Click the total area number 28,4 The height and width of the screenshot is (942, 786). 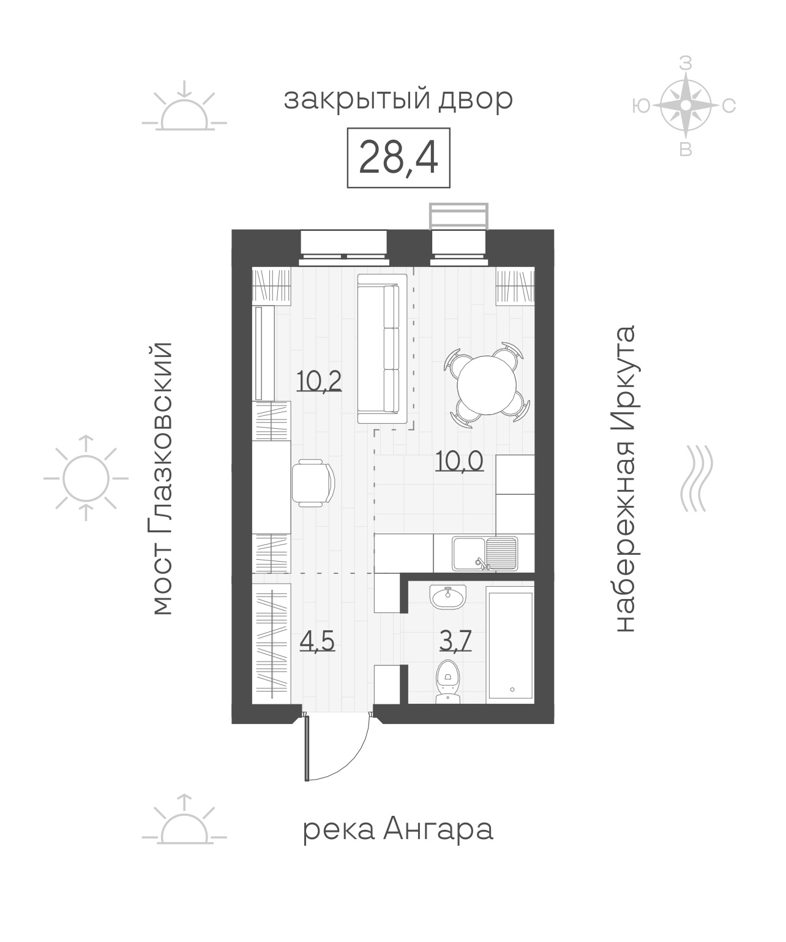point(398,157)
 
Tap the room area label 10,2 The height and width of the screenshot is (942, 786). point(319,381)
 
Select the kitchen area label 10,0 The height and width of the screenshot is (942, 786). point(460,461)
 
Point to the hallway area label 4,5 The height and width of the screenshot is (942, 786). point(317,641)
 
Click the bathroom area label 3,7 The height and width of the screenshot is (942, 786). point(455,641)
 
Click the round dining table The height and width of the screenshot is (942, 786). point(487,385)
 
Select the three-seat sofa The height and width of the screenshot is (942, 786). point(382,349)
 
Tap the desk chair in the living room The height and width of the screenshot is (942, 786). point(313,483)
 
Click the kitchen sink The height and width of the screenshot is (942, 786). point(485,554)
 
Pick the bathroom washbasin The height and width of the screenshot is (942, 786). point(448,597)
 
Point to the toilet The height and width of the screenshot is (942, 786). point(448,682)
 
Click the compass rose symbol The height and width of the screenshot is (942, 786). point(686,105)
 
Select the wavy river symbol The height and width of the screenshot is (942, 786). point(696,478)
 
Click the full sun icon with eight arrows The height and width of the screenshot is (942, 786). point(86,478)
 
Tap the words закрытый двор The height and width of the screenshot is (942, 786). point(398,100)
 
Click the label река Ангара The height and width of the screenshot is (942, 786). point(398,831)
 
